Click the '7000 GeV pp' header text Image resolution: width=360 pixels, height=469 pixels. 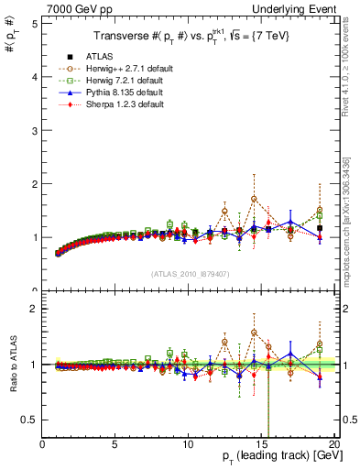(74, 7)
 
